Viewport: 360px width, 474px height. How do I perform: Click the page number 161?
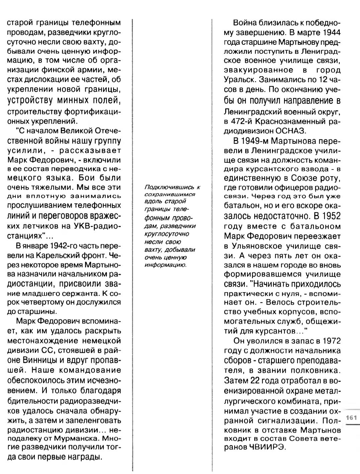[352, 418]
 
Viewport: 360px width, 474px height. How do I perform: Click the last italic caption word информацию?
[165, 265]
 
